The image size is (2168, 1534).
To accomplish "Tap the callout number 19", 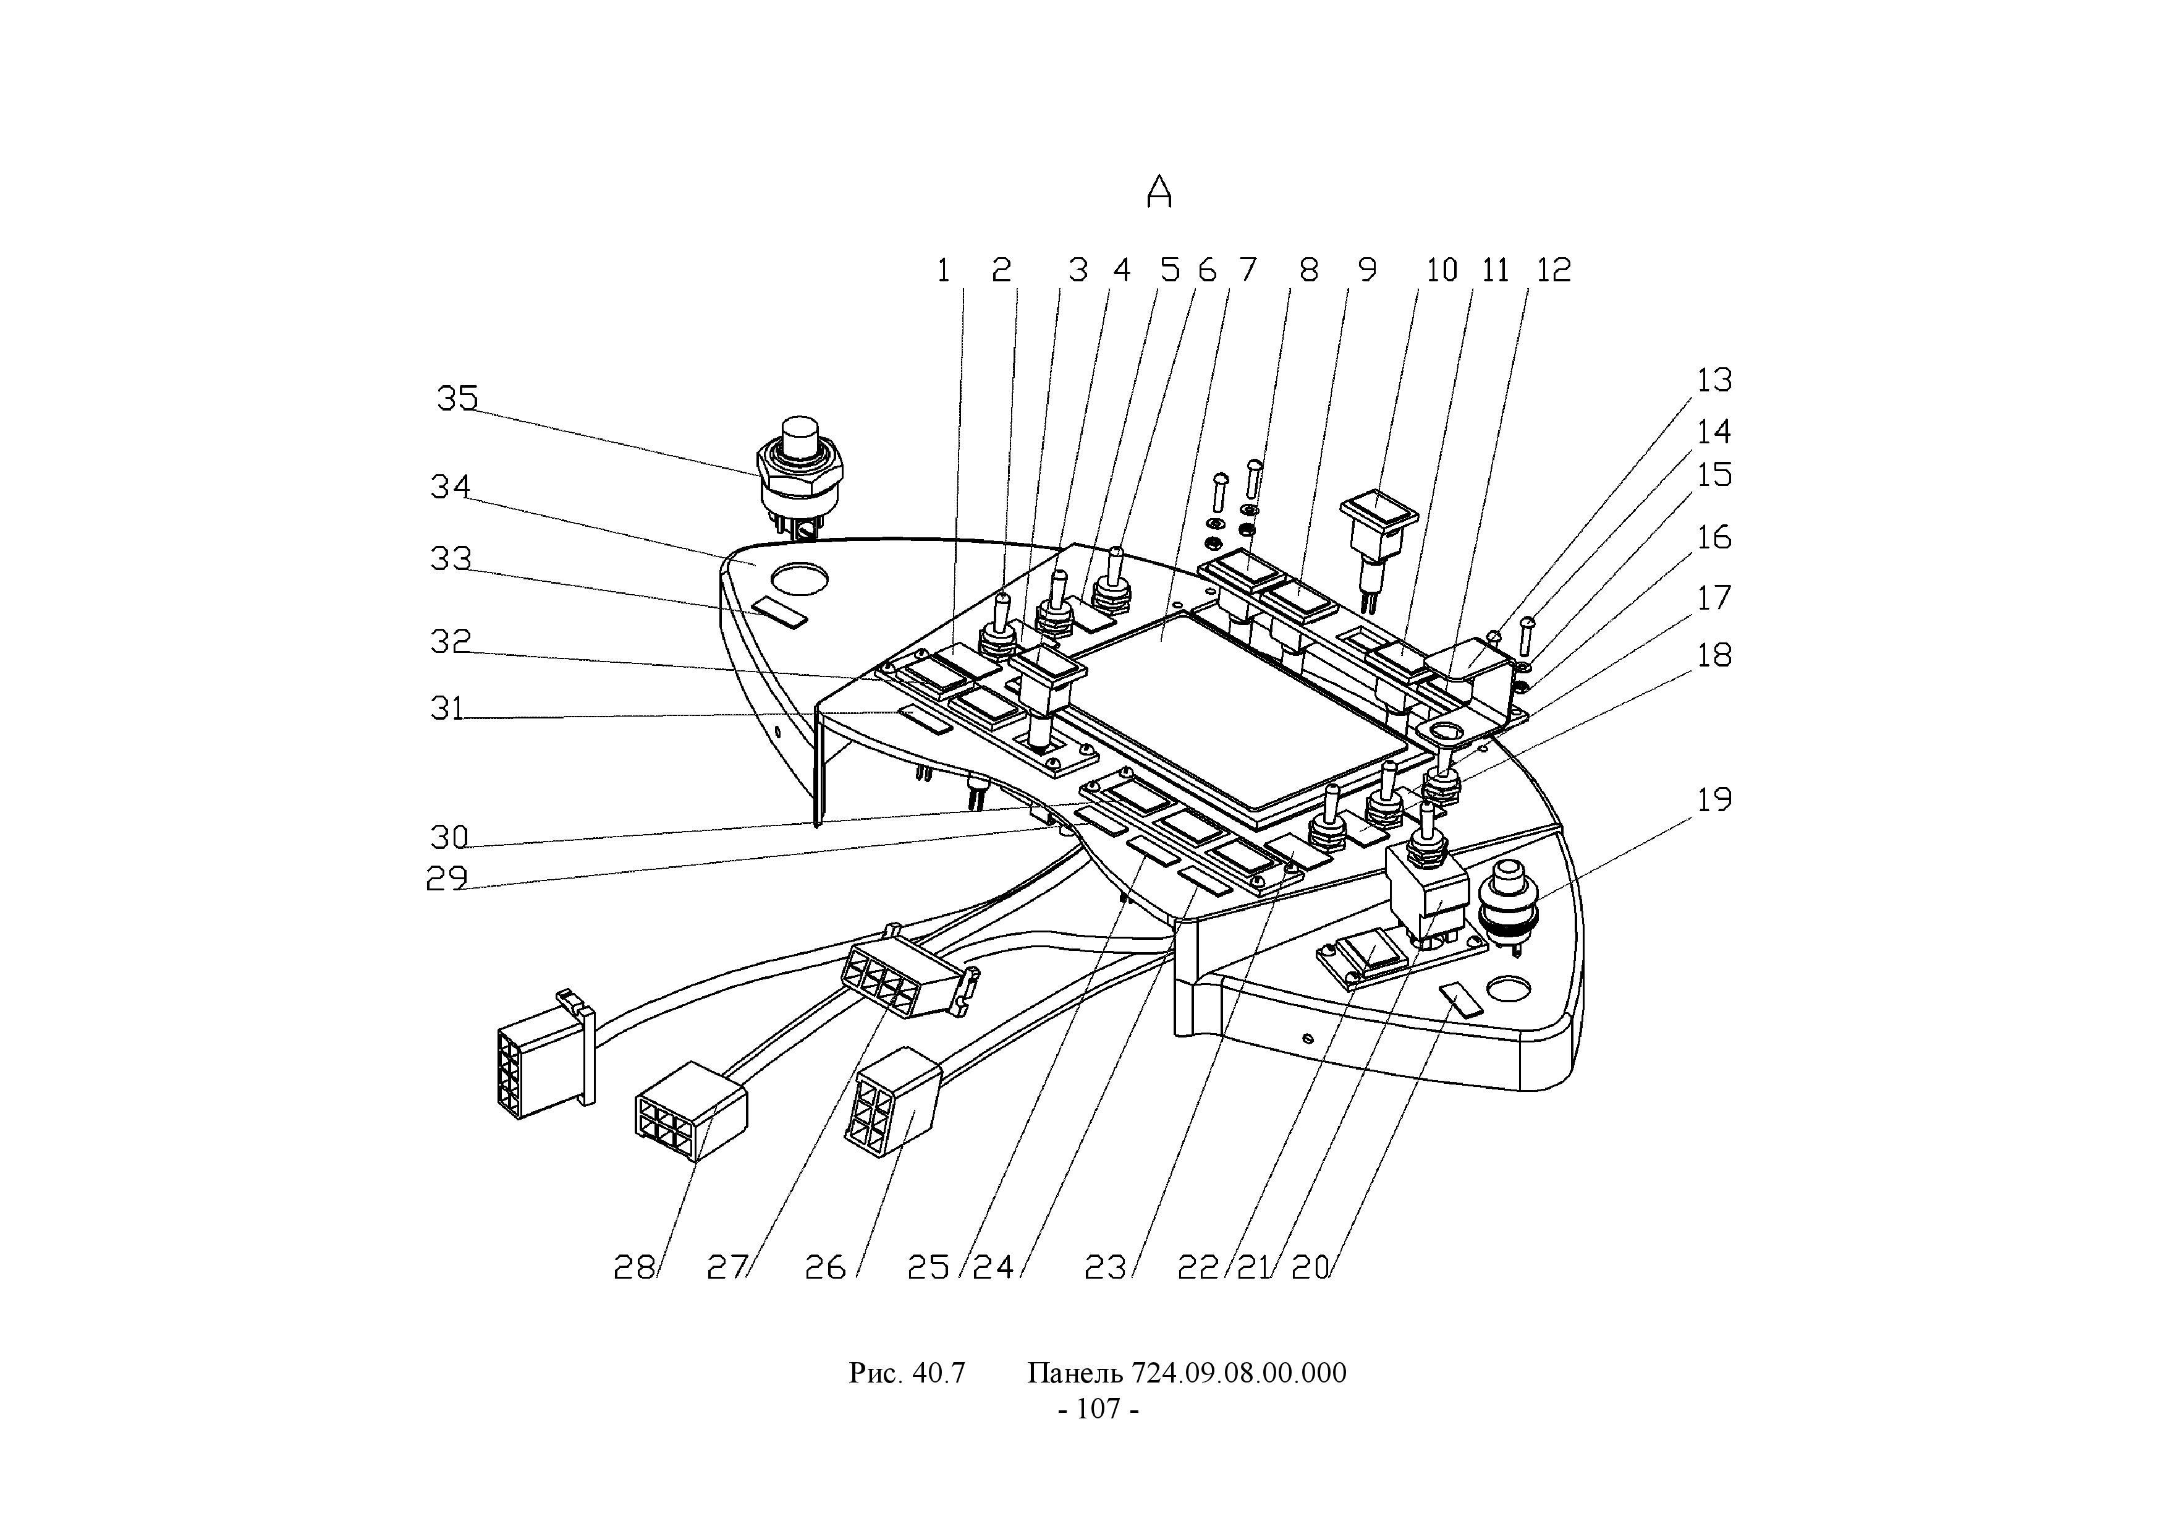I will click(x=1714, y=800).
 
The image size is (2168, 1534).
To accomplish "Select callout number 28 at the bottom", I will click(x=633, y=1268).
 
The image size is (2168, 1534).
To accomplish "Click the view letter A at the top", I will click(x=1159, y=193).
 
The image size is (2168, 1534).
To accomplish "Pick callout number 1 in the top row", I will click(x=943, y=271).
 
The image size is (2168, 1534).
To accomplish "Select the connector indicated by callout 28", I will click(x=691, y=1110).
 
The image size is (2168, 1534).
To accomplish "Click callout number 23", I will click(x=1106, y=1268).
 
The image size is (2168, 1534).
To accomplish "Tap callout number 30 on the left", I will click(x=449, y=837).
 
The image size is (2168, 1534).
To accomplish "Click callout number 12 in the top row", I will click(x=1553, y=271).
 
